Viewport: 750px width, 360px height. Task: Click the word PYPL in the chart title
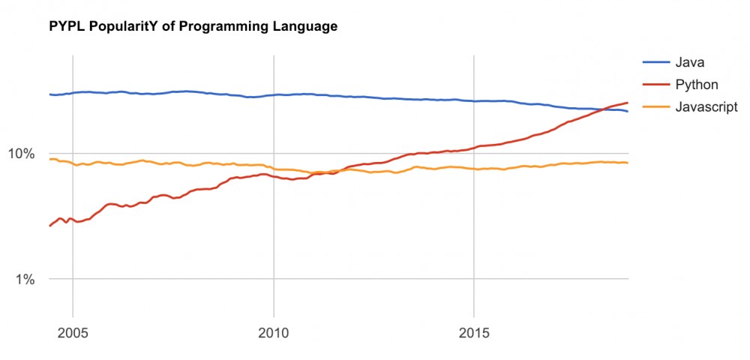65,27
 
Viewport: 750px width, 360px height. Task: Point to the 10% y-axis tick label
22,154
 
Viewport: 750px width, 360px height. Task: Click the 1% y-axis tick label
25,280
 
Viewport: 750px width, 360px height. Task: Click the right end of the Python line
628,103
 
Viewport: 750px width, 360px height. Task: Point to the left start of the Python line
49,226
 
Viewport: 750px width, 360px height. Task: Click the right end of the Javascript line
628,163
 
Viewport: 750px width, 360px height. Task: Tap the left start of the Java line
49,94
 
